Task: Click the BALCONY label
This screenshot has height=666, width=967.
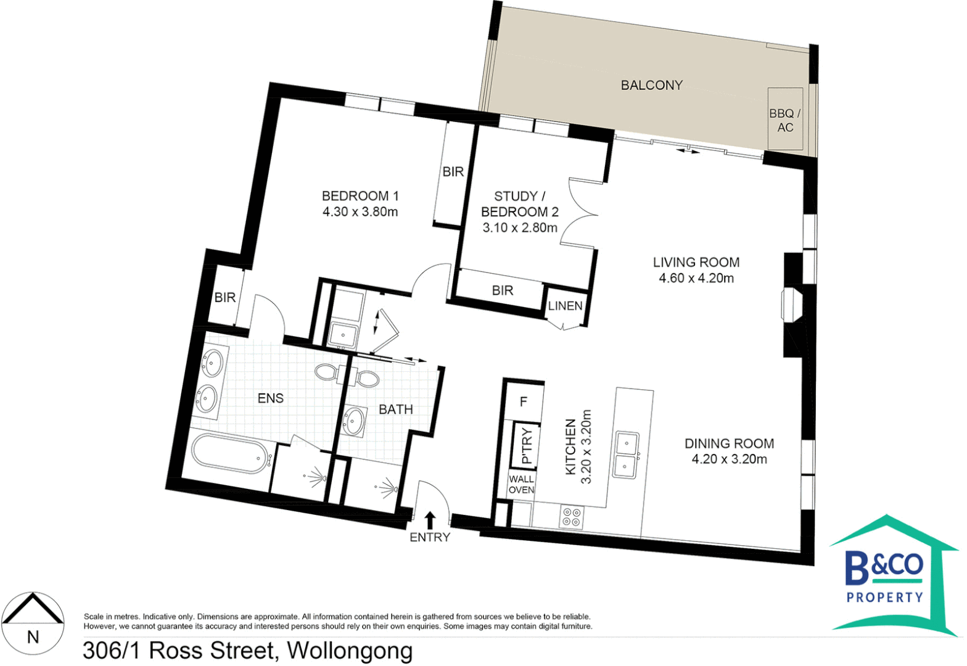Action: click(651, 85)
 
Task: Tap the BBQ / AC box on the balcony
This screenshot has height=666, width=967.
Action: click(784, 120)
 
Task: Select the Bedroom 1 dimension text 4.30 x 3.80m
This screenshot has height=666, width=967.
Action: click(360, 212)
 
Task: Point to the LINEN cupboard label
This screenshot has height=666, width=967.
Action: click(565, 306)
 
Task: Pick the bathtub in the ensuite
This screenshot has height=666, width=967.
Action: click(229, 454)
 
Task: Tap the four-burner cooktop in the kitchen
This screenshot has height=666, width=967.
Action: click(572, 517)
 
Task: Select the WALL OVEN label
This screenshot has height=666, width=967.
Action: click(521, 484)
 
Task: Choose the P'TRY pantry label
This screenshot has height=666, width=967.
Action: click(526, 446)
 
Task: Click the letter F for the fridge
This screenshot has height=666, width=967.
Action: click(524, 402)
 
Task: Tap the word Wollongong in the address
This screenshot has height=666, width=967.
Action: click(350, 651)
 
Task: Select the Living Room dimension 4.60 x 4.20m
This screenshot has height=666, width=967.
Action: click(696, 278)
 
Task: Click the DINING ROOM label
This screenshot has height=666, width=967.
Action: click(729, 443)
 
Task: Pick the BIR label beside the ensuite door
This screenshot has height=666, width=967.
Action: click(225, 298)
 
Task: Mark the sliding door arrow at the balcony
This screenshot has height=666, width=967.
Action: click(688, 150)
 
